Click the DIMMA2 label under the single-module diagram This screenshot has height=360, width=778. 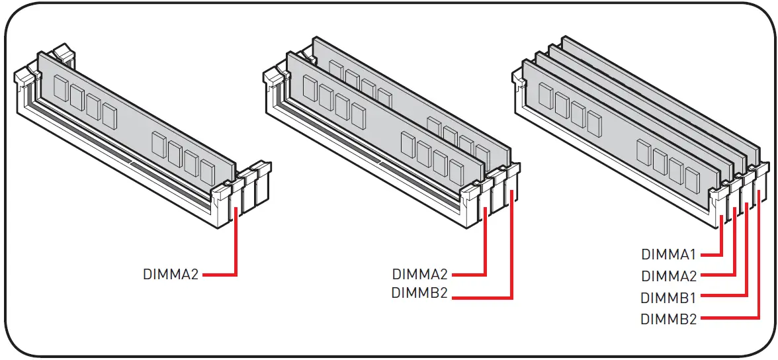(x=171, y=274)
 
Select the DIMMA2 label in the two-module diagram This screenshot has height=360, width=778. (x=420, y=274)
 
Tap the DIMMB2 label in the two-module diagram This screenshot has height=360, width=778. (x=420, y=292)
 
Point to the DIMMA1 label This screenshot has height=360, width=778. (x=669, y=254)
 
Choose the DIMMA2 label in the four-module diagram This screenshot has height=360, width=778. (x=669, y=275)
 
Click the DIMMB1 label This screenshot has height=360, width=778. (x=669, y=297)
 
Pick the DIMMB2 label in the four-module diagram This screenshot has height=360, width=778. (x=669, y=319)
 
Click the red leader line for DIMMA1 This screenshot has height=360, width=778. (x=721, y=238)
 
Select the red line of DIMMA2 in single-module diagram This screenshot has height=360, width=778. (x=236, y=245)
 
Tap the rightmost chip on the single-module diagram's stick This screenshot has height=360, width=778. (x=208, y=173)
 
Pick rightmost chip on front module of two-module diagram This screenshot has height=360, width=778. (x=456, y=173)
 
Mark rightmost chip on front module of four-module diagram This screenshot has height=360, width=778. (x=692, y=180)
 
